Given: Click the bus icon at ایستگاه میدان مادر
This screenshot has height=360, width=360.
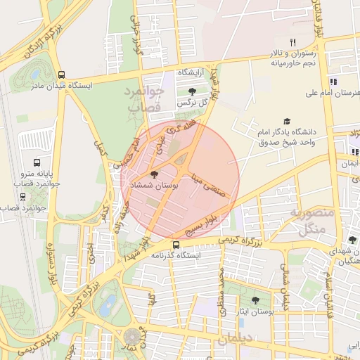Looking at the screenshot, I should [x=61, y=74].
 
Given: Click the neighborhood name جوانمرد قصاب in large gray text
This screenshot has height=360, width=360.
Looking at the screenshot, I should [x=145, y=99].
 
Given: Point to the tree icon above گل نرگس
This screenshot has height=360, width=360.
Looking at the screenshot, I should [x=192, y=91].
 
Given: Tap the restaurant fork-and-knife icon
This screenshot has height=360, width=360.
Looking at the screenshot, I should [x=293, y=42].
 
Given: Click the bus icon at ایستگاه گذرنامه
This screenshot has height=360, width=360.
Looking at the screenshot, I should [x=175, y=245].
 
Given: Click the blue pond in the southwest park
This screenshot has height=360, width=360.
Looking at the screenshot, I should [x=108, y=306].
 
